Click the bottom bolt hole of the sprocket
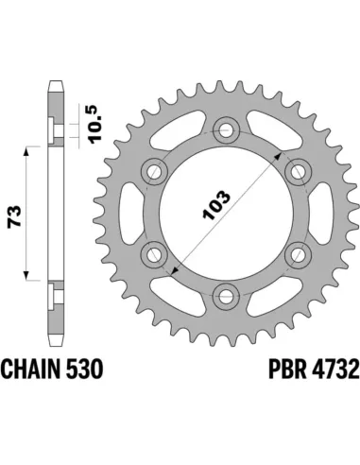(225, 296)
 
